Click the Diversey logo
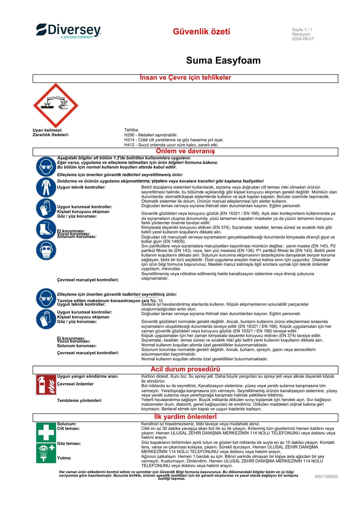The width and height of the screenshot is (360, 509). pyautogui.click(x=68, y=31)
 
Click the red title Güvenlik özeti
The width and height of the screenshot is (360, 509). pyautogui.click(x=201, y=32)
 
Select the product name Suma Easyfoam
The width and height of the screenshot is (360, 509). pyautogui.click(x=223, y=61)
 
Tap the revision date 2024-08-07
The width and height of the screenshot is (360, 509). pyautogui.click(x=303, y=39)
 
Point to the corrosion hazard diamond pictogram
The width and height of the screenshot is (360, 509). pyautogui.click(x=56, y=106)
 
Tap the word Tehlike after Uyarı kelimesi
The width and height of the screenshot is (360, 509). pyautogui.click(x=131, y=130)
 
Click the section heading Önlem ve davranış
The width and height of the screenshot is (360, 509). pyautogui.click(x=185, y=151)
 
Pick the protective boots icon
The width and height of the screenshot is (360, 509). pyautogui.click(x=46, y=229)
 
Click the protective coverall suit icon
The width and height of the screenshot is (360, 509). pyautogui.click(x=46, y=187)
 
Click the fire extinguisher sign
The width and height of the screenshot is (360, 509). pyautogui.click(x=46, y=385)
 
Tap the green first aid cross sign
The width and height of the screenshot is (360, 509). pyautogui.click(x=46, y=432)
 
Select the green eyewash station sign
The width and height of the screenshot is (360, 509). pyautogui.click(x=46, y=453)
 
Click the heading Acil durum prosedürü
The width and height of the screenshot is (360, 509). pyautogui.click(x=185, y=369)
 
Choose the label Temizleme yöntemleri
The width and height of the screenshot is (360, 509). pyautogui.click(x=79, y=401)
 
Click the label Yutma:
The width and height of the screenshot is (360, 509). pyautogui.click(x=64, y=458)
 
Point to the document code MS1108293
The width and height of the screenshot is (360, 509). pyautogui.click(x=326, y=476)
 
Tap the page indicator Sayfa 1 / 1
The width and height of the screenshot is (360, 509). pyautogui.click(x=302, y=30)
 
